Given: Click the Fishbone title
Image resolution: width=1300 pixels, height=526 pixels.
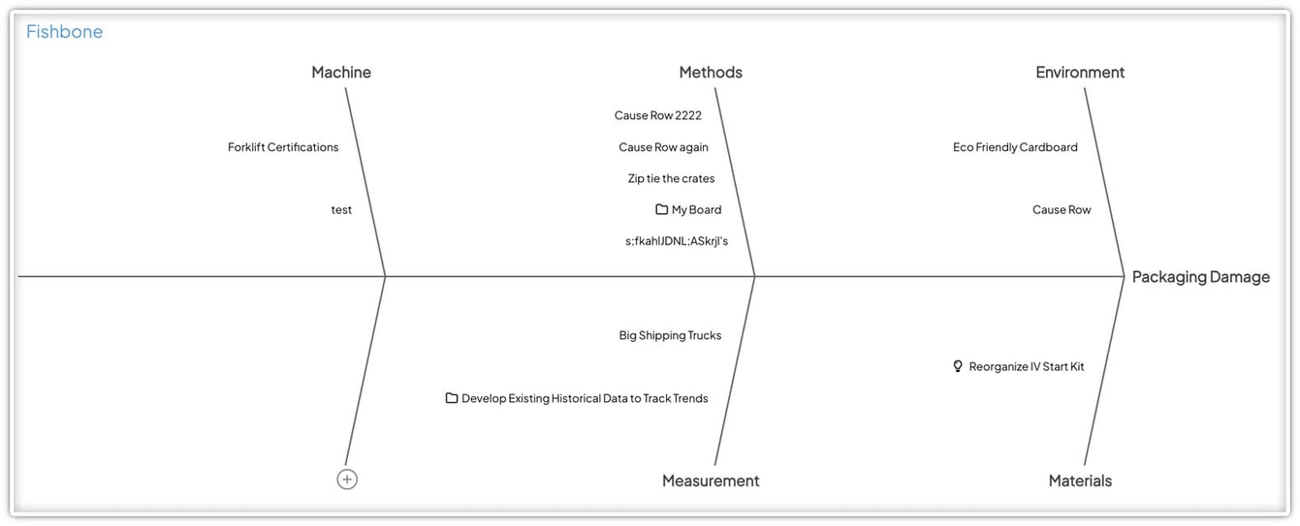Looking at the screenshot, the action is [64, 31].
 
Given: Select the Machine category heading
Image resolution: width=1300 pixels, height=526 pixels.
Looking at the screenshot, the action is [341, 72].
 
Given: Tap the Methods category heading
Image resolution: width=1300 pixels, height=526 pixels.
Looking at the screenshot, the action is [711, 72].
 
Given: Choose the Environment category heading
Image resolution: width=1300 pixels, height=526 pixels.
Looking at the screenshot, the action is [1080, 72].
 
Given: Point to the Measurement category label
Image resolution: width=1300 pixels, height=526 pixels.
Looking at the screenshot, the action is [711, 480].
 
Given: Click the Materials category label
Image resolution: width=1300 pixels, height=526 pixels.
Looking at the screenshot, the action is [1080, 480].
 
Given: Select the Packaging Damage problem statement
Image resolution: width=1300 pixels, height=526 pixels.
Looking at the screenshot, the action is [1201, 277].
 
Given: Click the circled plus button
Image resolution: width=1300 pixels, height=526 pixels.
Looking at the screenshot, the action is [347, 480].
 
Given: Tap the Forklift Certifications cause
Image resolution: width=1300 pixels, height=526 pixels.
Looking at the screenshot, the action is [283, 147].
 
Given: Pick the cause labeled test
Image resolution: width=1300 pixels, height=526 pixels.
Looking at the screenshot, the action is [341, 210].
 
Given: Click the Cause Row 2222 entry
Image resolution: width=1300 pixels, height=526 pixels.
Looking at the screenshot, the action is [657, 115].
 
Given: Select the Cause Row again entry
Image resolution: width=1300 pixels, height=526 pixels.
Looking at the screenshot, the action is [663, 147].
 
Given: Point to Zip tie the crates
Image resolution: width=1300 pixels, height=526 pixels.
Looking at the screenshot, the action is [671, 178].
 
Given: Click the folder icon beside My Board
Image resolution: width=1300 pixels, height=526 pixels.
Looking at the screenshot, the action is [661, 209].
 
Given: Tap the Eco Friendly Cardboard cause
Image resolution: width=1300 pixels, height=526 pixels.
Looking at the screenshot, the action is [1015, 147].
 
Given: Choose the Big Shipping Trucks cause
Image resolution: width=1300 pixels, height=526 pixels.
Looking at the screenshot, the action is [670, 335].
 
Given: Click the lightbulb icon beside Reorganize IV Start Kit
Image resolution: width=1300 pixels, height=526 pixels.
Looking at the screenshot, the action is [958, 366].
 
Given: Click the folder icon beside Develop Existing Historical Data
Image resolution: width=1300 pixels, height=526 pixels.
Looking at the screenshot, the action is [452, 398].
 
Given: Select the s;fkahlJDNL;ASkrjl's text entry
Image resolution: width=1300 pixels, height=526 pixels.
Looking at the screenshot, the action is [676, 241].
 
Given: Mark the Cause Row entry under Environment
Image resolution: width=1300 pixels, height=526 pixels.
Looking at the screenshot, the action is [1062, 210].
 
